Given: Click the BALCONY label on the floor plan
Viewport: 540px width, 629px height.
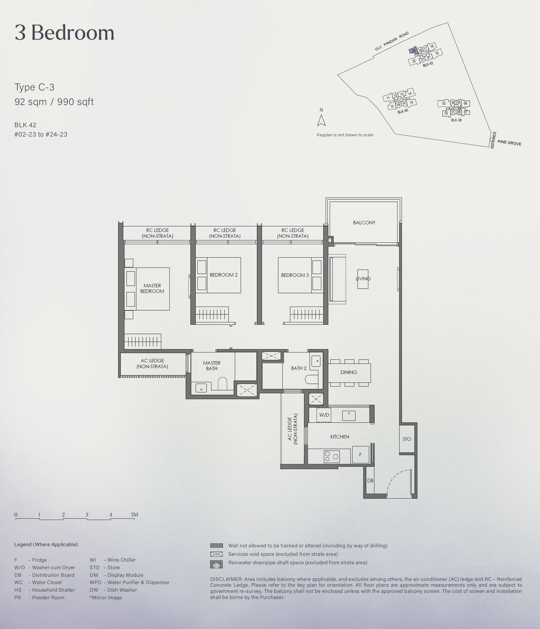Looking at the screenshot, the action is (x=364, y=223).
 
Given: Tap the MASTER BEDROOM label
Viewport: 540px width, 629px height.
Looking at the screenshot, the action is (x=152, y=288).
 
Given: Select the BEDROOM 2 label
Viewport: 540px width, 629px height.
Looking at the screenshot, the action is (x=223, y=275).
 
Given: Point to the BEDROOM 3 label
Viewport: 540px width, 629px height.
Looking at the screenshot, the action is (x=295, y=275).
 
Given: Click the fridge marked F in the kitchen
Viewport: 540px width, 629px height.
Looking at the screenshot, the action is (x=360, y=454).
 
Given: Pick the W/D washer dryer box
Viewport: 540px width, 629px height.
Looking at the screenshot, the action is (x=324, y=415).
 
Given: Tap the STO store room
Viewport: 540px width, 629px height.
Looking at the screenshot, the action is (x=407, y=439).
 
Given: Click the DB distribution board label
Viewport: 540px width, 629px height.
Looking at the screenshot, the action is (x=370, y=481).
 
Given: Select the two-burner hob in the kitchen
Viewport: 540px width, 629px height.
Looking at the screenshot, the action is (x=332, y=457).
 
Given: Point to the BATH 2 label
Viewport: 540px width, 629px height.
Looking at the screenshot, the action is (x=299, y=368).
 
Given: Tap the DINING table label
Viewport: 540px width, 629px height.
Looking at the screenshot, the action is (x=349, y=372).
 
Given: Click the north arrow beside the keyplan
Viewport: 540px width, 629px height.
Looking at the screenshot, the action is (x=321, y=120).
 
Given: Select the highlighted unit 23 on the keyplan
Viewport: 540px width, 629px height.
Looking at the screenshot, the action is (x=413, y=51).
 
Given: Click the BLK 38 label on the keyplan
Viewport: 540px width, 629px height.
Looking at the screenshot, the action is (x=456, y=120).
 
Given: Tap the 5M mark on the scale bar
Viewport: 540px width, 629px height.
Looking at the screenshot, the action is (x=134, y=515).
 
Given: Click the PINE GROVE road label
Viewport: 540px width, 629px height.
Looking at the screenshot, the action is (x=509, y=143).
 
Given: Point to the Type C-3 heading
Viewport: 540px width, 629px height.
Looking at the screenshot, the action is (x=34, y=87).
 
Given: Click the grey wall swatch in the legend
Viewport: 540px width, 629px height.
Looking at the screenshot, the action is (x=216, y=545).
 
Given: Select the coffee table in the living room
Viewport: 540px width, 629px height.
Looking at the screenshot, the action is (x=363, y=279).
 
